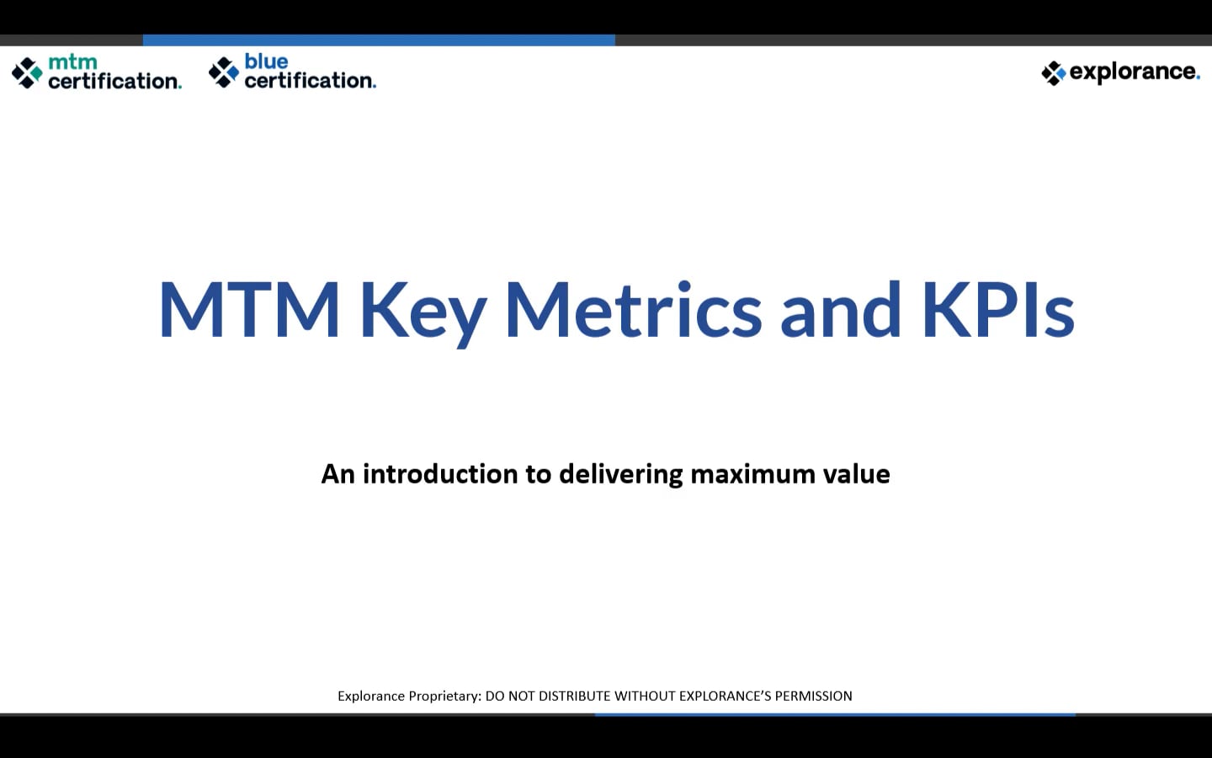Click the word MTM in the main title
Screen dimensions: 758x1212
(x=249, y=310)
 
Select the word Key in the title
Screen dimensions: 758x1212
(x=423, y=312)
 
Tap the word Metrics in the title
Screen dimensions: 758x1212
(x=633, y=310)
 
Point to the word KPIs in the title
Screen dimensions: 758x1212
(x=997, y=310)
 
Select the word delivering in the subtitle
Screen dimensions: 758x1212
(x=620, y=475)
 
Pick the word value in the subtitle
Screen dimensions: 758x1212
(x=856, y=474)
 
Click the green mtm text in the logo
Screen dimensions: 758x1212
(x=72, y=62)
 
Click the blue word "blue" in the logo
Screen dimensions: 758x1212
(x=266, y=61)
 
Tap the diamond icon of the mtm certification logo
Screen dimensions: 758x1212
(x=27, y=72)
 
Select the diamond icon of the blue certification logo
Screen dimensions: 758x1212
(x=224, y=72)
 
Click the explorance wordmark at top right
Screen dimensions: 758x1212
(x=1134, y=72)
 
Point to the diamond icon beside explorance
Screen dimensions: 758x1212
(x=1053, y=73)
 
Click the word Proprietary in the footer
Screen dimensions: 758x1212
(x=444, y=696)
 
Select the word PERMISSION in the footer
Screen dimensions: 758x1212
(x=813, y=696)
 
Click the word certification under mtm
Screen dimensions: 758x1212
(x=114, y=81)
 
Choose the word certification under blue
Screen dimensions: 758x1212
(x=310, y=80)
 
